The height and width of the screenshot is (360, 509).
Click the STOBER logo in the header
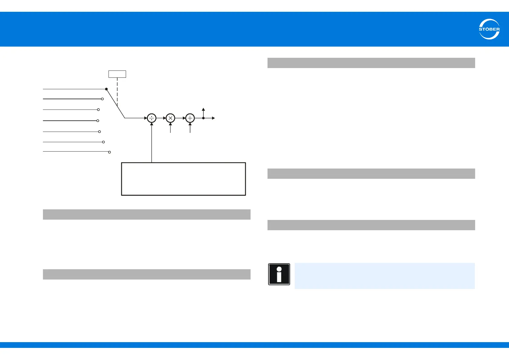tap(489, 29)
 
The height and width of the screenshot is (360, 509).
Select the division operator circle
tap(151, 118)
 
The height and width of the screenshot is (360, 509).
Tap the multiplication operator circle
tap(170, 118)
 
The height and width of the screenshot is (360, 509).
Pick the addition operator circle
tap(190, 118)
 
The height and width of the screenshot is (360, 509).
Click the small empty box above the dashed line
tap(117, 74)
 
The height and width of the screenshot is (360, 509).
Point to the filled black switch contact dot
tap(106, 89)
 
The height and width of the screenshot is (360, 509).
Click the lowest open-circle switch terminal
tap(109, 152)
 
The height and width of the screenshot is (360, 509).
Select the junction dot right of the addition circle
tap(203, 118)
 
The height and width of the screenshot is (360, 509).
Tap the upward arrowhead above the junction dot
tap(203, 110)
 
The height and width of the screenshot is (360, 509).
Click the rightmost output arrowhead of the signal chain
tap(213, 118)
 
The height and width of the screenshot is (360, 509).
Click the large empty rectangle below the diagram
tap(183, 179)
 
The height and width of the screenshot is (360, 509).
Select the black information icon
tap(279, 274)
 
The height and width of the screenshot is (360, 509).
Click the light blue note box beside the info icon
tap(384, 276)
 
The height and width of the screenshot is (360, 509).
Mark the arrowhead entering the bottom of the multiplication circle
tap(170, 124)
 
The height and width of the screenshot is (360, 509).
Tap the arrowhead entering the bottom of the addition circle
tap(190, 124)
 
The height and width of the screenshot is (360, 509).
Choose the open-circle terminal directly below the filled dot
tap(102, 99)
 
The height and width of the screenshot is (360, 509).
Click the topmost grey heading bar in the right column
tap(371, 63)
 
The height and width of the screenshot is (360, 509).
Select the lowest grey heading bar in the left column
tap(147, 274)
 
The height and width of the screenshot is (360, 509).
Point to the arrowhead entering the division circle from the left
tap(145, 118)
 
